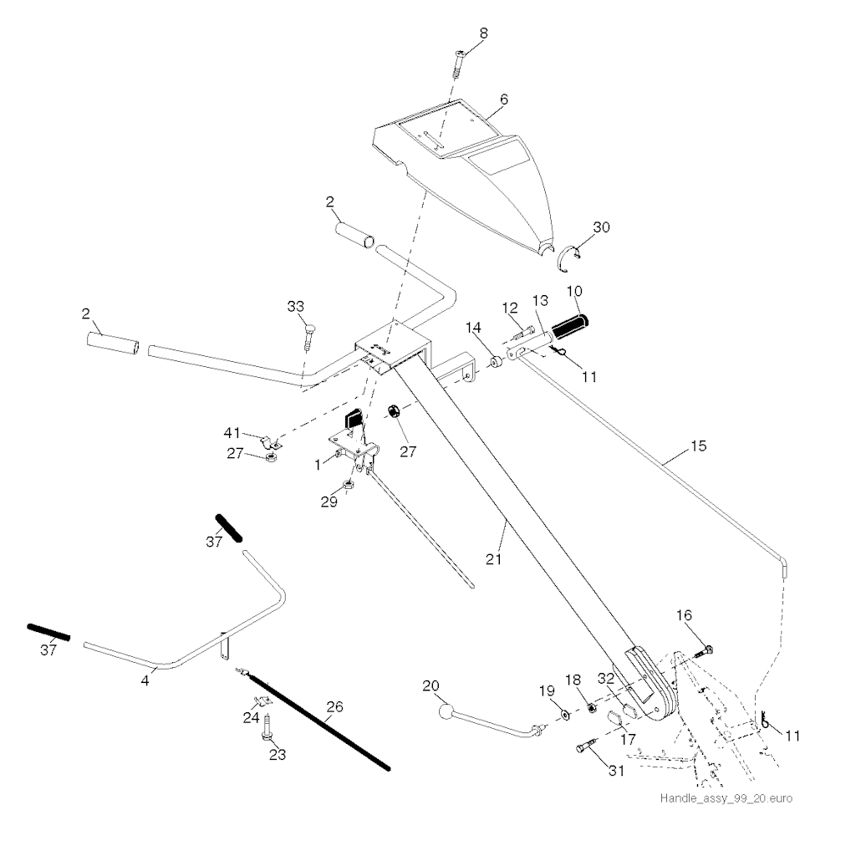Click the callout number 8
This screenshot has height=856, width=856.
coord(483,33)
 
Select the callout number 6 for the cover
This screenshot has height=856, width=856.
coord(504,99)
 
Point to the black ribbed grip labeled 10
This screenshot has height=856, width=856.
coord(570,325)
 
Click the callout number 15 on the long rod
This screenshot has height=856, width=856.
coord(698,446)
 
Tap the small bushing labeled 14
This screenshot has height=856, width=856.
coord(497,362)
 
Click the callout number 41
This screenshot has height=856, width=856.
coord(232,433)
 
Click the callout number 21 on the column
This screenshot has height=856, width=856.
coord(493,558)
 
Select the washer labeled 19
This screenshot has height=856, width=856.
coord(564,715)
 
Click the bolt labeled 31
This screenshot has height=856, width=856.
coord(584,746)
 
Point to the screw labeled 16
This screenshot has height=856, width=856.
coord(704,650)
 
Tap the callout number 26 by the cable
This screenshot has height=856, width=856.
coord(334,707)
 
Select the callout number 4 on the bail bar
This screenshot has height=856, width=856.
coord(145,680)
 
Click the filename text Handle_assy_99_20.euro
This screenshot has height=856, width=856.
coord(726,798)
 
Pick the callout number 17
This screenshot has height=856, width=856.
coord(628,739)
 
